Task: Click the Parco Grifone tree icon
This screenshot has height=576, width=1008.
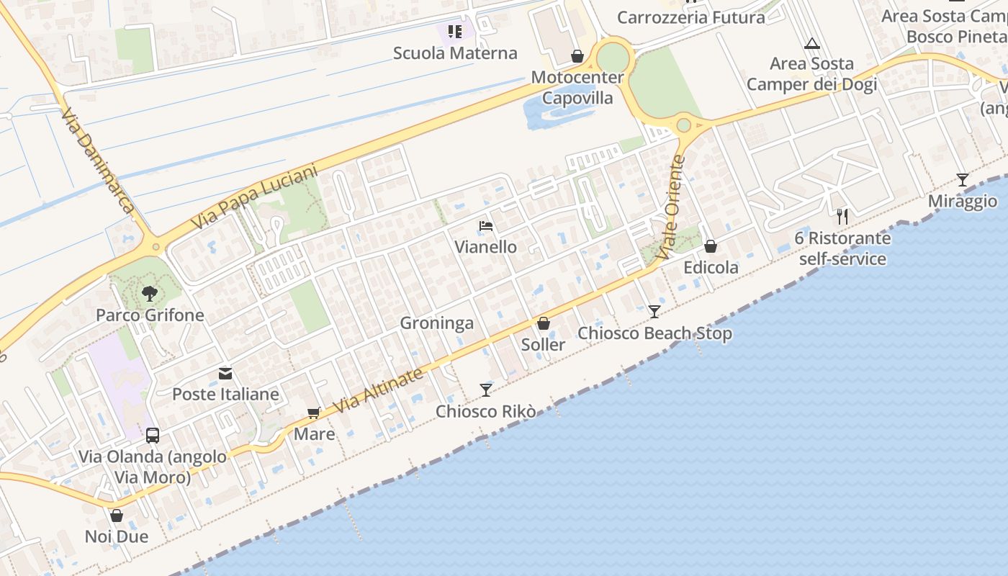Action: pyautogui.click(x=150, y=293)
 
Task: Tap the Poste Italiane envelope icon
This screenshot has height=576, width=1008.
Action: pyautogui.click(x=225, y=374)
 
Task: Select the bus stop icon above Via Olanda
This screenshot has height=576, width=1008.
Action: pyautogui.click(x=153, y=435)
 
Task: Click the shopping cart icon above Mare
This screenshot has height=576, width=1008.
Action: pyautogui.click(x=313, y=413)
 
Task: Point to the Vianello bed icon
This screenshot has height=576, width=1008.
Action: pyautogui.click(x=486, y=226)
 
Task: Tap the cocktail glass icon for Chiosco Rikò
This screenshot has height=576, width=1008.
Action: pyautogui.click(x=486, y=390)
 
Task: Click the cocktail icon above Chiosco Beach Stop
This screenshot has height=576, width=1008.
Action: pyautogui.click(x=654, y=312)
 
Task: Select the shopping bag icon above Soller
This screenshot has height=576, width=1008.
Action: pyautogui.click(x=544, y=323)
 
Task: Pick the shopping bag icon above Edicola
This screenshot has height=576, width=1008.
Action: pyautogui.click(x=711, y=246)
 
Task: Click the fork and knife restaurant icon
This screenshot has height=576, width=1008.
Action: pyautogui.click(x=842, y=216)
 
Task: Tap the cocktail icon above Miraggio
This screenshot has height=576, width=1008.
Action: pyautogui.click(x=962, y=180)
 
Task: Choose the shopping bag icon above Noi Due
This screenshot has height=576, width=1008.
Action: pyautogui.click(x=117, y=516)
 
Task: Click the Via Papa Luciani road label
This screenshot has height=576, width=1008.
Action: pyautogui.click(x=255, y=199)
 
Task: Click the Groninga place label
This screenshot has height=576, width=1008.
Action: pyautogui.click(x=437, y=323)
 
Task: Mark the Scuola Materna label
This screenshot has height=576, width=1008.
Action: pyautogui.click(x=455, y=53)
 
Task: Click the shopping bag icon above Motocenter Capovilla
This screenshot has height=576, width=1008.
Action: pyautogui.click(x=577, y=56)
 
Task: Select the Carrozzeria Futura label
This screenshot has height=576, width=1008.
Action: pyautogui.click(x=691, y=17)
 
